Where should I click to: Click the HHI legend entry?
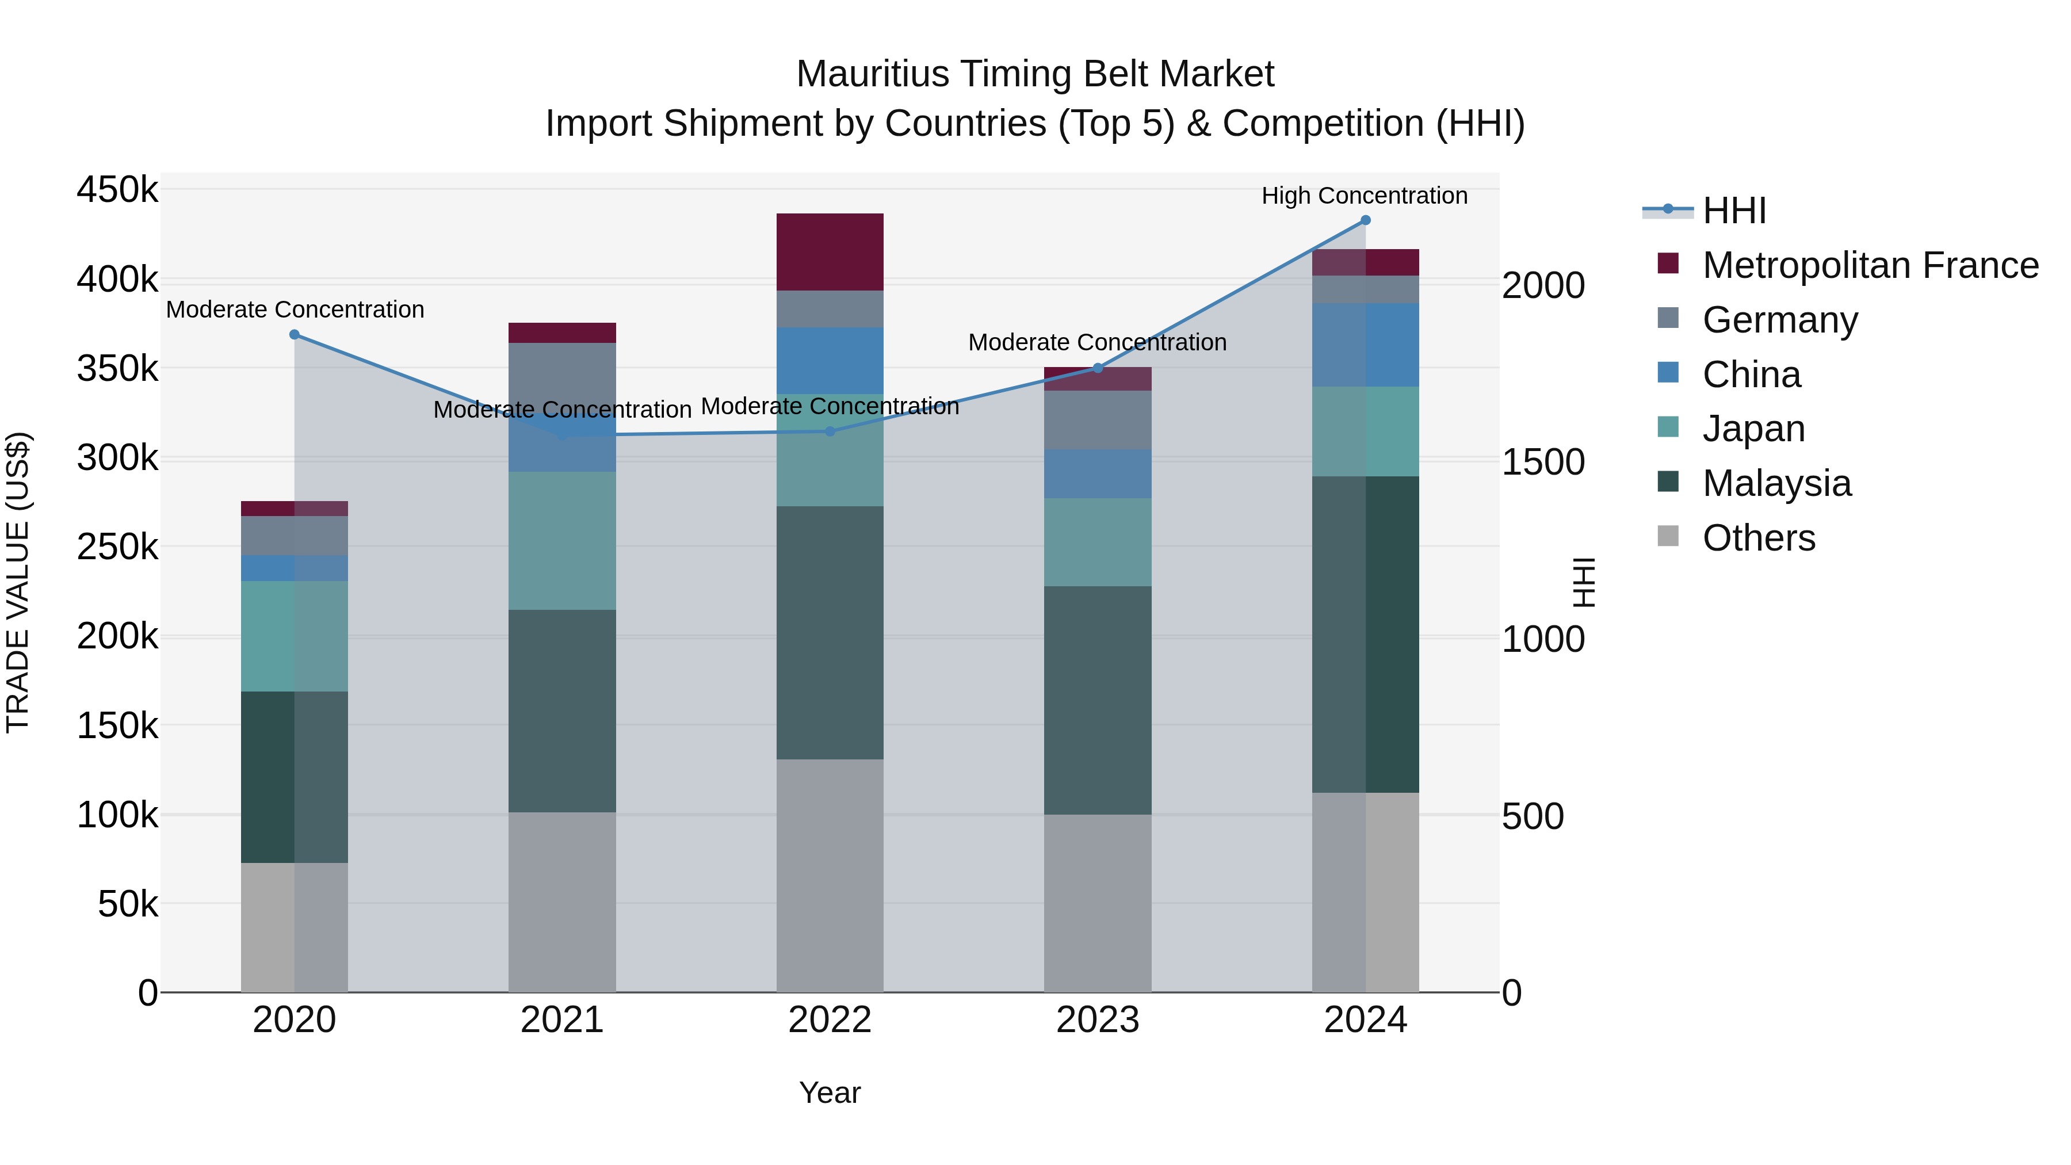tap(1733, 211)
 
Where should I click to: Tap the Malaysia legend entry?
tap(1777, 483)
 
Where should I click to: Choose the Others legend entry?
tap(1758, 538)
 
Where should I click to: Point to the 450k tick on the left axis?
tap(117, 190)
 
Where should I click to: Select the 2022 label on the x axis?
tap(830, 1020)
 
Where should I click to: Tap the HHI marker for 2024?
tap(1365, 220)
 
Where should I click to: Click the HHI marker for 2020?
tap(294, 334)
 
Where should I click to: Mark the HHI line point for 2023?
tap(1098, 368)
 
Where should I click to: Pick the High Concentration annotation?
tap(1365, 196)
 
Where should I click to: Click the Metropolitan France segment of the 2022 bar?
tap(830, 251)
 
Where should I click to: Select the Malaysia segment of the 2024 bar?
tap(1365, 635)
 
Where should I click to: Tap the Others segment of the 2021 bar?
tap(562, 902)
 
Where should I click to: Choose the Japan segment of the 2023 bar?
tap(1098, 542)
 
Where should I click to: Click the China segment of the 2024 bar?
tap(1365, 345)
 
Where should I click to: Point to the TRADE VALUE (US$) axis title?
tap(18, 582)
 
